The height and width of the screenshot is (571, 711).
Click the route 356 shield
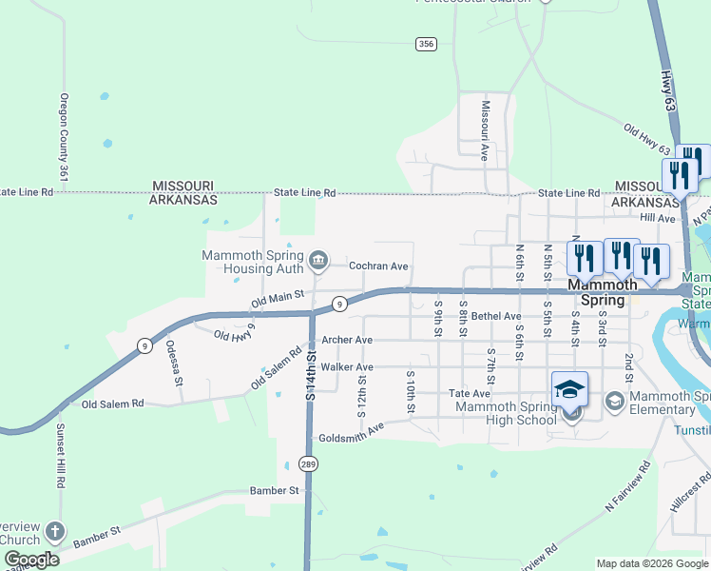coord(426,44)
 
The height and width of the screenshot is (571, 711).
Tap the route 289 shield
coord(307,464)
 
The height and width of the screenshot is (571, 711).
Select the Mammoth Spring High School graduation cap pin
coord(569,389)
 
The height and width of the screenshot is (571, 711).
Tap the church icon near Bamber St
coord(55,530)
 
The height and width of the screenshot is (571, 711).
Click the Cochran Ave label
coord(378,266)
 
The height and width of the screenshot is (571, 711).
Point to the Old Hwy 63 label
coord(648,139)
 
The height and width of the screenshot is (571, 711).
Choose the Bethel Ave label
coord(496,316)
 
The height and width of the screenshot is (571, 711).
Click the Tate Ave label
coord(470,393)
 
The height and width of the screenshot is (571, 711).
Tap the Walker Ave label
coord(347,366)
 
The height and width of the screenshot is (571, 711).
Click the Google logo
coord(31,561)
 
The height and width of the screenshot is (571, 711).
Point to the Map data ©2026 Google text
coord(652,563)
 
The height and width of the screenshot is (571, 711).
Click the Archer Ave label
coord(346,340)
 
